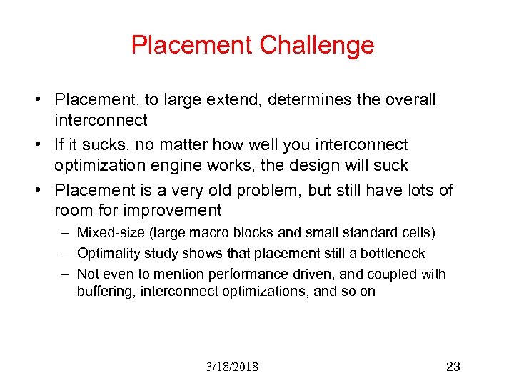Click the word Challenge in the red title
(316, 45)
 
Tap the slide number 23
(453, 367)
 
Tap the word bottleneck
(393, 254)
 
